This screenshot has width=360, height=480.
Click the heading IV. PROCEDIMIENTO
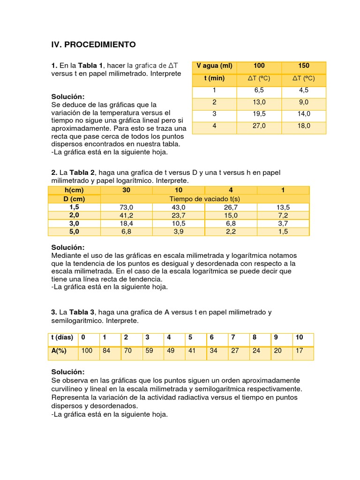click(93, 45)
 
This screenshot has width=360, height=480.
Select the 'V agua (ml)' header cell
click(214, 66)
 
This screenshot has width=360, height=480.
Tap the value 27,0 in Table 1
click(259, 126)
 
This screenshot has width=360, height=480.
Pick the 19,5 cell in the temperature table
click(259, 114)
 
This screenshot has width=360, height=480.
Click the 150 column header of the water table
click(303, 66)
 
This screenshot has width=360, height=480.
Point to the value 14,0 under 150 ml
click(303, 114)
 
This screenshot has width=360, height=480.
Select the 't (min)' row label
click(214, 78)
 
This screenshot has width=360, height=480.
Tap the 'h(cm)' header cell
click(74, 190)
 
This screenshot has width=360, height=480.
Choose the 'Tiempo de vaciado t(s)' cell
click(204, 199)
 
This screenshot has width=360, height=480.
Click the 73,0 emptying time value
click(127, 207)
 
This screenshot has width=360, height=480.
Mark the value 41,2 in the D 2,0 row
click(127, 215)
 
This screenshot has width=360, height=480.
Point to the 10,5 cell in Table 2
click(179, 224)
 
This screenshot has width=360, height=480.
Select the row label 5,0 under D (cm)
click(74, 232)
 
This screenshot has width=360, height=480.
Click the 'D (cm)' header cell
click(74, 199)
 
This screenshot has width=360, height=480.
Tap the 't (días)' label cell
click(62, 337)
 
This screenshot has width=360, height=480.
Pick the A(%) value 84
click(106, 351)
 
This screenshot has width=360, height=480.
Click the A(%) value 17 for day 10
click(300, 351)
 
